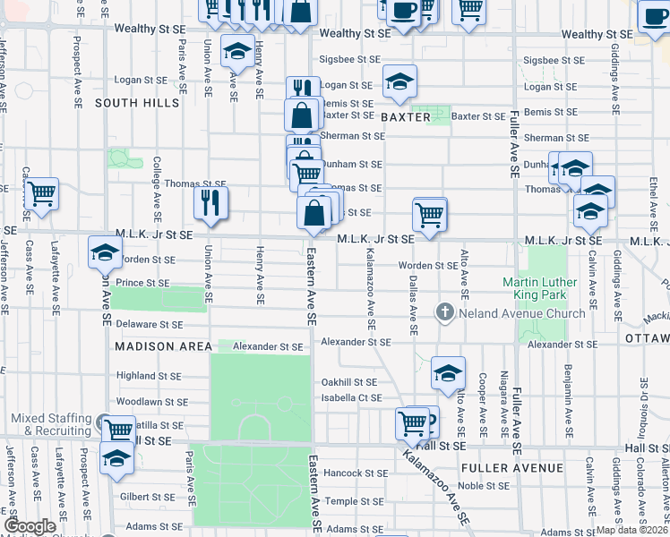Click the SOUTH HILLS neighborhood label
137,103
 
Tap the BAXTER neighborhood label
405,117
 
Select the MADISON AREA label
162,345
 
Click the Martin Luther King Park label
547,288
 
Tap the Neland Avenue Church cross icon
444,312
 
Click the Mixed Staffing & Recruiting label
51,424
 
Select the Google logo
30,526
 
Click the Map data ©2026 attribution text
631,530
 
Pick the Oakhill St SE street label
349,382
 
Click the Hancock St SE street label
356,473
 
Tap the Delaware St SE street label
148,324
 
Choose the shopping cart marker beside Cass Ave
41,193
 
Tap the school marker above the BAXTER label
399,82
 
